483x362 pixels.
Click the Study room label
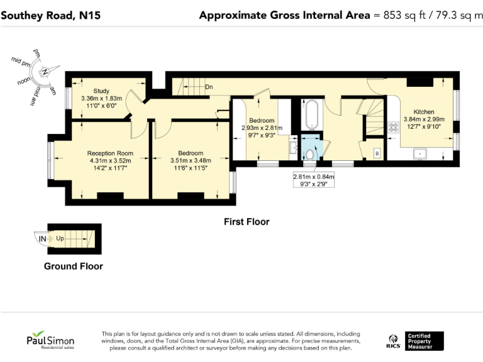[x=101, y=91]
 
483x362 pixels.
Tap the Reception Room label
[x=110, y=153]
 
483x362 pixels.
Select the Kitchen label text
[x=424, y=112]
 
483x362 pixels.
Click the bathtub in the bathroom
[x=312, y=114]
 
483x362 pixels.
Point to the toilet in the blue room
[x=310, y=153]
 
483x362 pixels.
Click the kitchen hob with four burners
[x=393, y=128]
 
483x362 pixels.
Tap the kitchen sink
[x=419, y=153]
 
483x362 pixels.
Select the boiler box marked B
[x=377, y=153]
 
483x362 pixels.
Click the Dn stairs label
[x=209, y=87]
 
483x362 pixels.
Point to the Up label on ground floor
[x=60, y=238]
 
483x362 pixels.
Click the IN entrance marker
[x=43, y=239]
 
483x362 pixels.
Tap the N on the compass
[x=45, y=72]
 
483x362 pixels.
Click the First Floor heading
[x=247, y=222]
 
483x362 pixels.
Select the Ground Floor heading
[x=74, y=266]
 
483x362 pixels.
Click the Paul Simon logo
[x=50, y=340]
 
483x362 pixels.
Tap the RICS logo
[x=393, y=342]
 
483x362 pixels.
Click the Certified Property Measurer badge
[x=425, y=341]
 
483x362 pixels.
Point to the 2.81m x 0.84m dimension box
[x=314, y=180]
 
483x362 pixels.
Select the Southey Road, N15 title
[x=51, y=15]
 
